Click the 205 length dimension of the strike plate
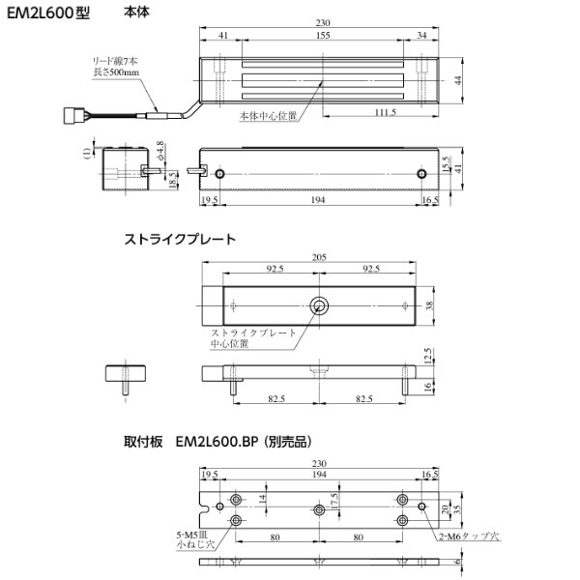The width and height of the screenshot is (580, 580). (x=320, y=258)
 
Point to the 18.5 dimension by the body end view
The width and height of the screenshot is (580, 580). (x=171, y=180)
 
